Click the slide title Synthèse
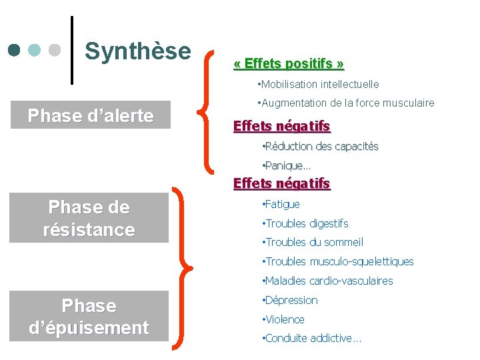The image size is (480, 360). click(x=138, y=51)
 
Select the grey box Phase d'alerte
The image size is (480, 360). click(x=91, y=115)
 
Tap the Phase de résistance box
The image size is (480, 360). click(x=89, y=218)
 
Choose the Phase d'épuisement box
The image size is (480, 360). click(x=89, y=317)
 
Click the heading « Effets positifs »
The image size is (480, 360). click(x=289, y=64)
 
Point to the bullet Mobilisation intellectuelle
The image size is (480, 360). click(x=318, y=84)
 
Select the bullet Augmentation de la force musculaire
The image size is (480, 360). click(x=345, y=103)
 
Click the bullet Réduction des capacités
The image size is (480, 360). click(x=321, y=146)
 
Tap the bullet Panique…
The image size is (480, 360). click(x=287, y=165)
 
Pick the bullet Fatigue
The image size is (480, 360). click(x=281, y=204)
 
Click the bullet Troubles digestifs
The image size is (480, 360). click(x=306, y=223)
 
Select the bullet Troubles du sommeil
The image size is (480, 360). click(x=313, y=242)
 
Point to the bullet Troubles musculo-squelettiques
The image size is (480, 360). click(x=339, y=261)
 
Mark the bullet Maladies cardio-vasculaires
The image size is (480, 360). click(x=329, y=281)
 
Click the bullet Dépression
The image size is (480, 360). click(x=291, y=300)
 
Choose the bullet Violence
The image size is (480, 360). click(x=284, y=319)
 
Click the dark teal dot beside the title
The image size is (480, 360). click(x=15, y=50)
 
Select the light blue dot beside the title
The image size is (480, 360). click(x=35, y=50)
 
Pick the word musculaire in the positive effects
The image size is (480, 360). click(x=410, y=103)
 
